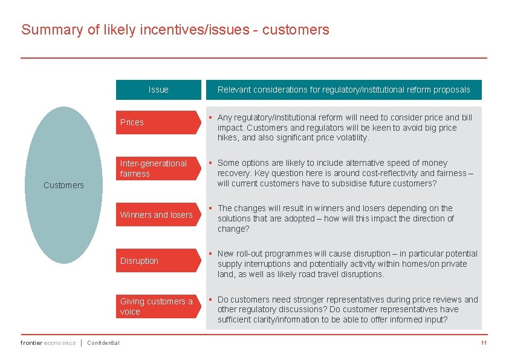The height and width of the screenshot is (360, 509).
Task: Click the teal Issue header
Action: [158, 90]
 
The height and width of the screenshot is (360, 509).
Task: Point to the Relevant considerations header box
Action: [343, 90]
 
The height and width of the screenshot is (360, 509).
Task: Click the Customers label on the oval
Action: [63, 185]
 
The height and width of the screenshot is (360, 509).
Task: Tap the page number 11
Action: [484, 343]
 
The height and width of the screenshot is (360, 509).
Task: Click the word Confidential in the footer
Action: [103, 343]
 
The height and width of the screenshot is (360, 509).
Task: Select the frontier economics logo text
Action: [48, 343]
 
